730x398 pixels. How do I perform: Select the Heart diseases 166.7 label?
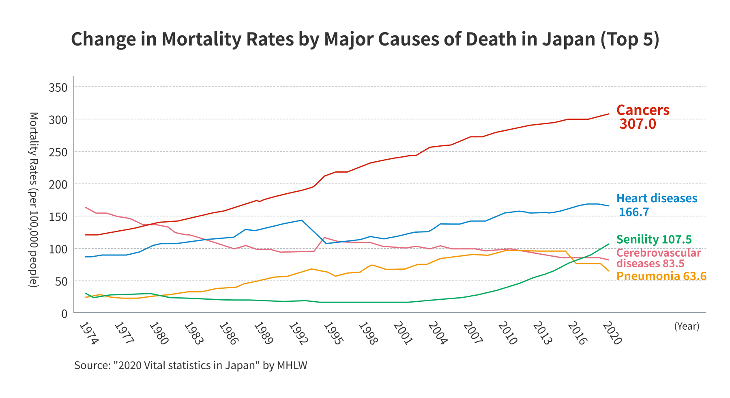[x=656, y=205]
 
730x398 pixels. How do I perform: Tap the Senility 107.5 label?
[x=654, y=239]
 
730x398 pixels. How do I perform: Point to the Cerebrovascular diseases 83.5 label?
[x=658, y=258]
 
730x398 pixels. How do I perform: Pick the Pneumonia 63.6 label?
[x=661, y=276]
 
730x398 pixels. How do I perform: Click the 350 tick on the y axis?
[x=58, y=87]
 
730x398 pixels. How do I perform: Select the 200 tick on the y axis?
[x=58, y=184]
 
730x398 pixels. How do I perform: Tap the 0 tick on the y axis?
[x=64, y=314]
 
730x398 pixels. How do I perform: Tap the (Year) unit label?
[x=687, y=326]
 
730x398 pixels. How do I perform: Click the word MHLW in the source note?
[x=292, y=366]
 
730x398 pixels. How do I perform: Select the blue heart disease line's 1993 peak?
[x=301, y=220]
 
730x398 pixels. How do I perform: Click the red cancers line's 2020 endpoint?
[x=609, y=114]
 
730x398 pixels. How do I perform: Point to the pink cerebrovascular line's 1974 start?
[x=86, y=207]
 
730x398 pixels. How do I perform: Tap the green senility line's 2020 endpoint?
[x=609, y=244]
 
